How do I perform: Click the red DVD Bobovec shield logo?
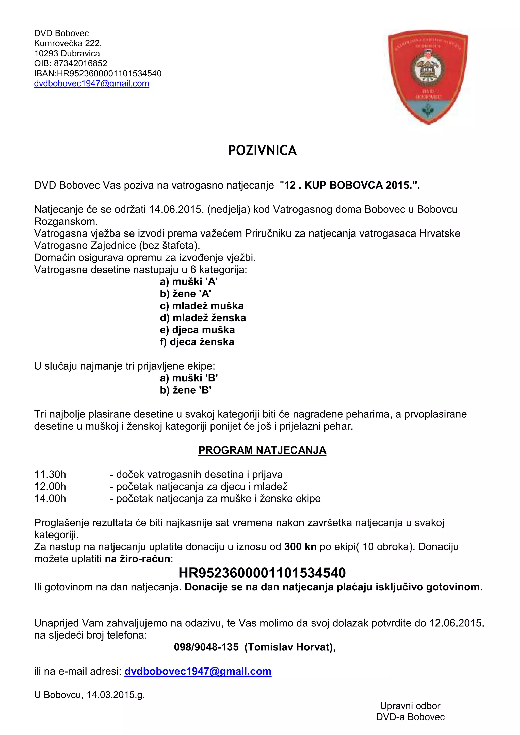pos(428,77)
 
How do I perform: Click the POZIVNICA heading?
pos(262,151)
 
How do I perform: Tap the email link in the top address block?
pos(92,83)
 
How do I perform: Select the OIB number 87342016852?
pos(80,63)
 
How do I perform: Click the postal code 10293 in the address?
pos(46,54)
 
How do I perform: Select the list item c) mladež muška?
pos(202,306)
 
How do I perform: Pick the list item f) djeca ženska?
pos(197,342)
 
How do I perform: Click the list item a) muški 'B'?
pos(189,378)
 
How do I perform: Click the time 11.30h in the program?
pos(50,474)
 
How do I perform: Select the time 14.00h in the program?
pos(50,498)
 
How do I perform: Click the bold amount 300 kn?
pos(300,547)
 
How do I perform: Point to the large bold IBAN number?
pos(262,573)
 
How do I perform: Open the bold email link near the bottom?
pos(198,671)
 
